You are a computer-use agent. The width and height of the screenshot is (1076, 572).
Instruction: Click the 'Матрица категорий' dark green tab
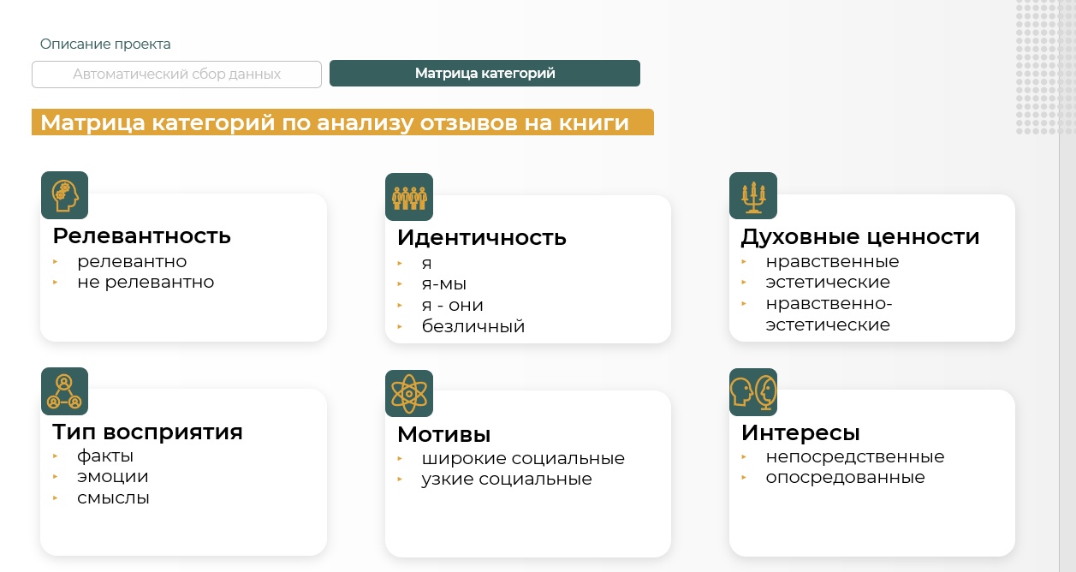(484, 73)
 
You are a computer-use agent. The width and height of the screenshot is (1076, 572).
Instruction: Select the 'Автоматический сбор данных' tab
(177, 74)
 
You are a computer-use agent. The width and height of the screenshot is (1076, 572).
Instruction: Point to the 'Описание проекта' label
(105, 45)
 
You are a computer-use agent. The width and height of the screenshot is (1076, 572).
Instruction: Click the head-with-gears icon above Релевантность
(65, 195)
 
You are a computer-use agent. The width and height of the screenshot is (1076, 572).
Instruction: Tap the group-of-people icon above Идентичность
(409, 197)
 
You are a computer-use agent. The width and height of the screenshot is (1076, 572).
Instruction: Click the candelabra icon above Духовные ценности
(753, 195)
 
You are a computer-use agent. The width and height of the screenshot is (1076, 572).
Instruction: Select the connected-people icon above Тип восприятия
(65, 391)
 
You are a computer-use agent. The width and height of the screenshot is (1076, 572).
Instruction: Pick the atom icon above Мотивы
(409, 394)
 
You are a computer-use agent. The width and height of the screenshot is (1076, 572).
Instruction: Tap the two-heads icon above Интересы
(753, 392)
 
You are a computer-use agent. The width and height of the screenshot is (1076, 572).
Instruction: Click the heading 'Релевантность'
(142, 236)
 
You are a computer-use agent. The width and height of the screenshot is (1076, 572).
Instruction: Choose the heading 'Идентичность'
(482, 238)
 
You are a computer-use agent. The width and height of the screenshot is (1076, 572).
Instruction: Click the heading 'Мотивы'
(444, 434)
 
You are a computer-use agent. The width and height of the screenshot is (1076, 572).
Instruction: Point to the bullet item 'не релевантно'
(146, 283)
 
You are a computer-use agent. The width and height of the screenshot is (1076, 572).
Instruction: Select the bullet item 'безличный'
(473, 326)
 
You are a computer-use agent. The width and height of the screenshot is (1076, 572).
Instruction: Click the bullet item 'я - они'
(453, 305)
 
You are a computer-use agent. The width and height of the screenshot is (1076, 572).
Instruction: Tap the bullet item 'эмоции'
(112, 477)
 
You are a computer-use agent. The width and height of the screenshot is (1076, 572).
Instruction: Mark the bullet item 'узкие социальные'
(507, 480)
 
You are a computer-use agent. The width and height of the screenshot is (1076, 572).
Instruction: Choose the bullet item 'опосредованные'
(846, 478)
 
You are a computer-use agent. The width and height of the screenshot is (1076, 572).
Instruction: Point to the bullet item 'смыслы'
(113, 498)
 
